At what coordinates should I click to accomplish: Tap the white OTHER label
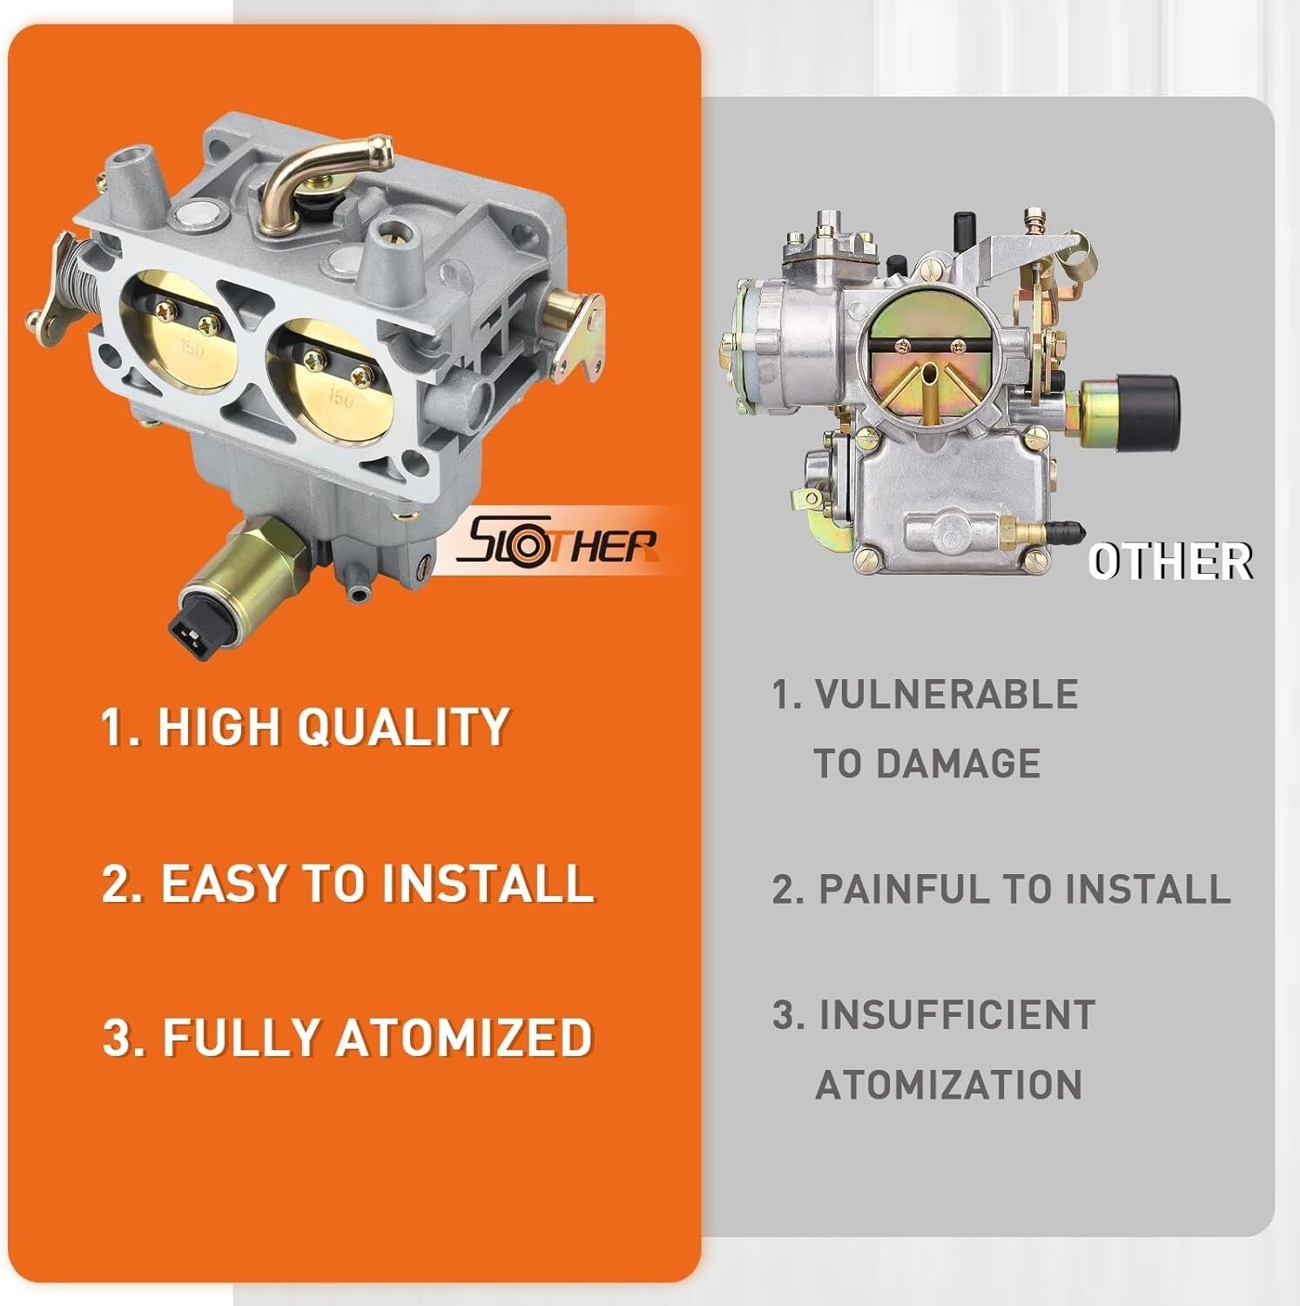coord(1169,561)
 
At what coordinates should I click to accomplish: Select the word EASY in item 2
coord(223,883)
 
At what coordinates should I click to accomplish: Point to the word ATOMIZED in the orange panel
coord(463,1037)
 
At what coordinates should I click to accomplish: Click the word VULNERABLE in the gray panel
coord(946,695)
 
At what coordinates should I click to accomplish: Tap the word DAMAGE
coord(957,764)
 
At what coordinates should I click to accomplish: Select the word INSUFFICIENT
coord(956,1015)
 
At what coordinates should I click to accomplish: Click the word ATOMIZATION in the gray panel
coord(948,1085)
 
